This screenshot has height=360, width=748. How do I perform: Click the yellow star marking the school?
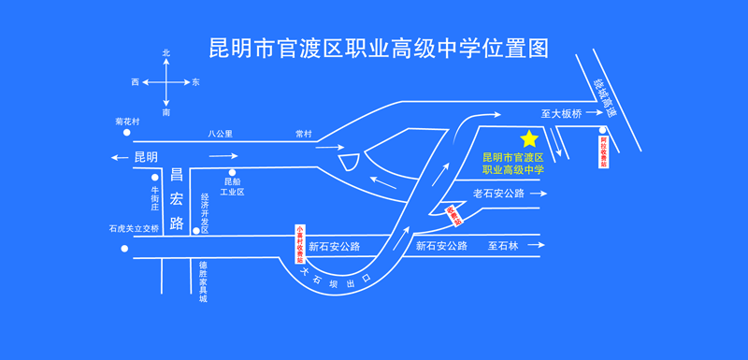pyautogui.click(x=529, y=138)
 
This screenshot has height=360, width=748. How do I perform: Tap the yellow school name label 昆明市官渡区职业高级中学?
pyautogui.click(x=511, y=164)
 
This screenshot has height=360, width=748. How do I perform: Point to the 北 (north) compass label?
pyautogui.click(x=166, y=53)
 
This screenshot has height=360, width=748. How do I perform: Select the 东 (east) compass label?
pyautogui.click(x=195, y=82)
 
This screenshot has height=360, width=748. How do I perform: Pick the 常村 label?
pyautogui.click(x=303, y=134)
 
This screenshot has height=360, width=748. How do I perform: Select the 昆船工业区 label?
pyautogui.click(x=232, y=186)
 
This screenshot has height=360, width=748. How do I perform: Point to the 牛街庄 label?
pyautogui.click(x=156, y=199)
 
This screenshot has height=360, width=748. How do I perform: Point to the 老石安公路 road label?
pyautogui.click(x=498, y=194)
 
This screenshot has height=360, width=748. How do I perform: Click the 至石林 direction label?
pyautogui.click(x=502, y=246)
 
